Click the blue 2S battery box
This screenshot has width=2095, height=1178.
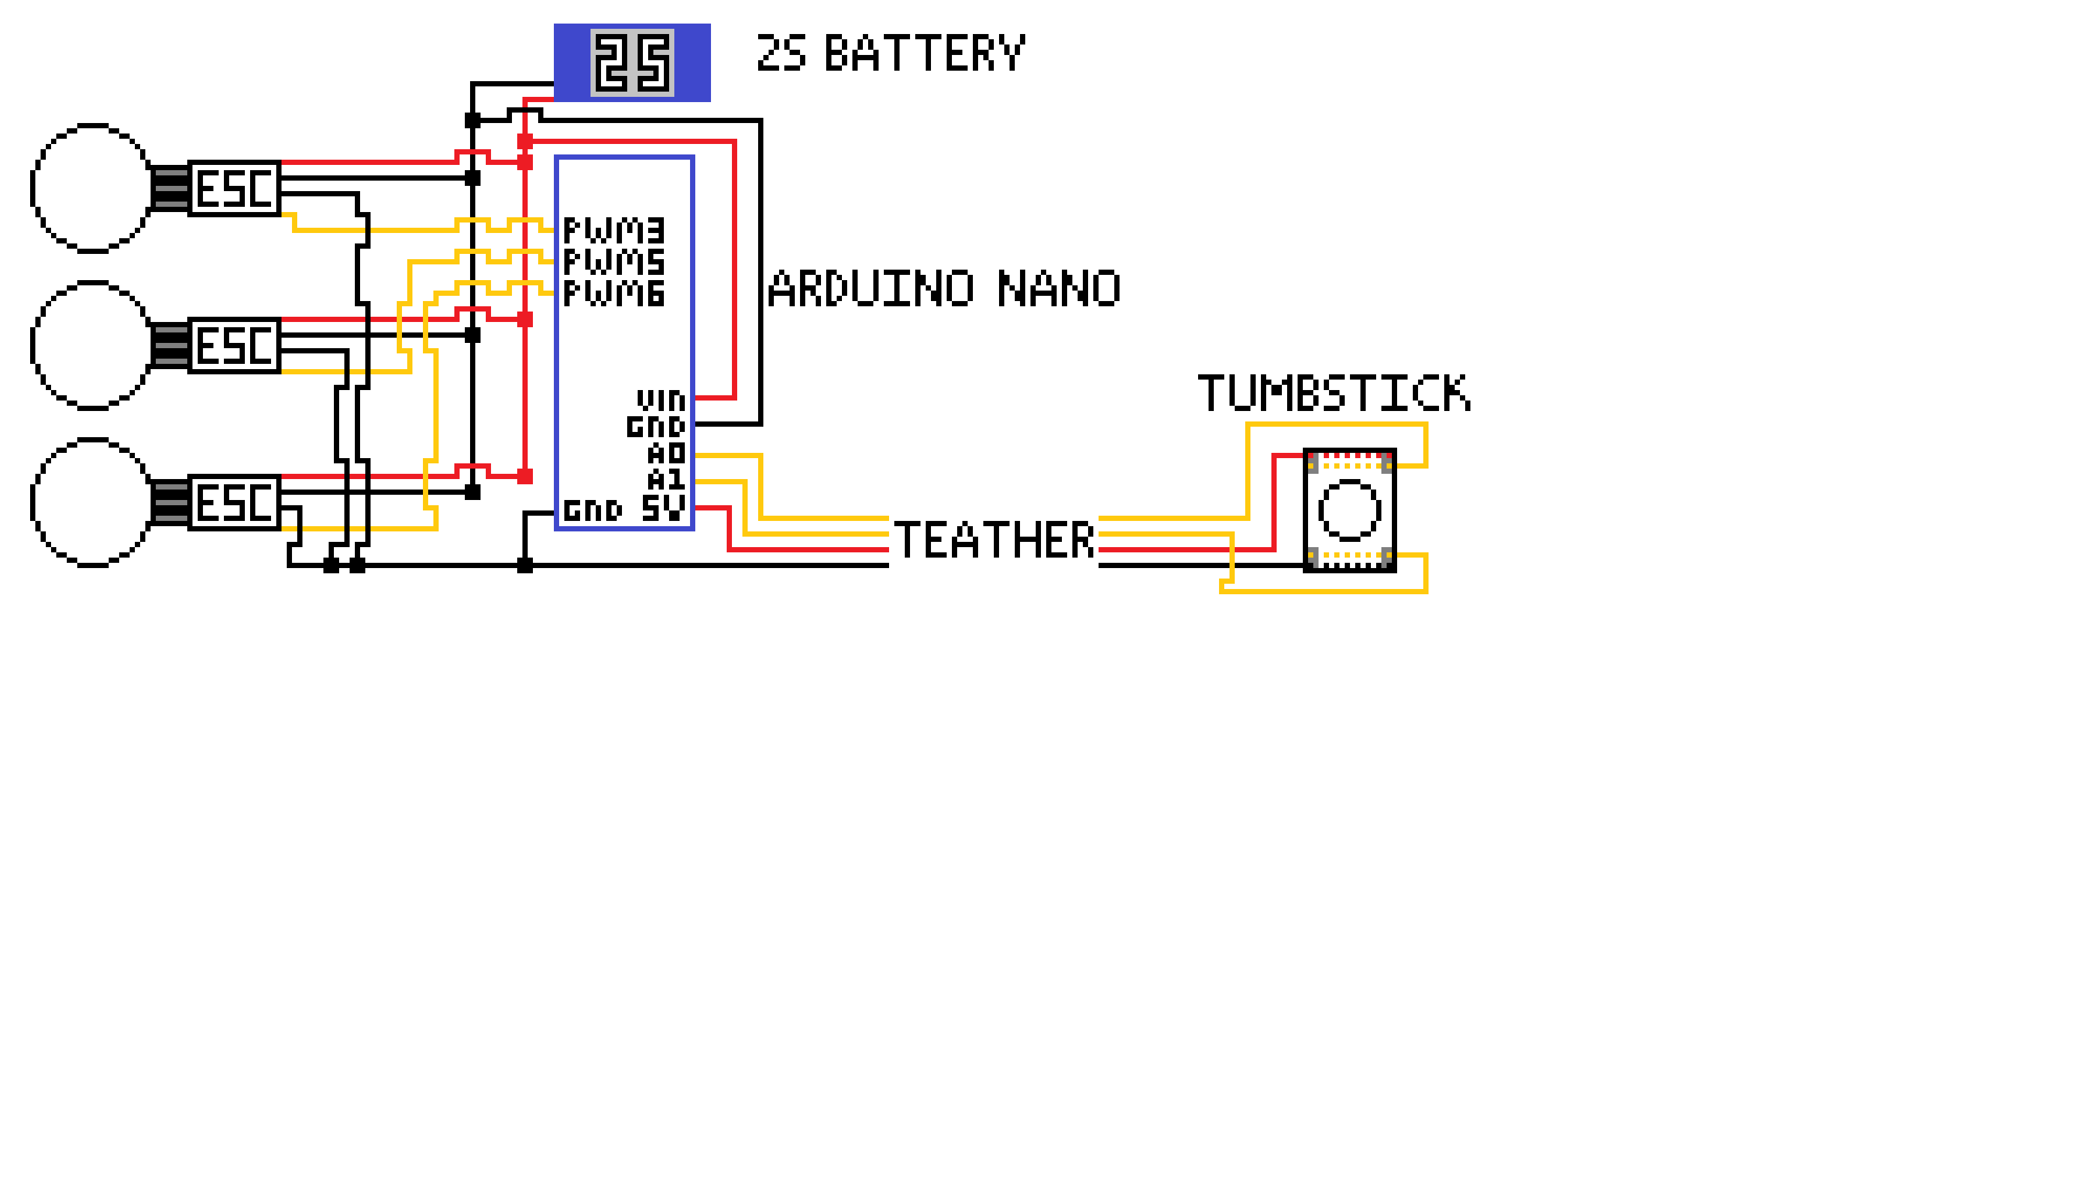pyautogui.click(x=632, y=63)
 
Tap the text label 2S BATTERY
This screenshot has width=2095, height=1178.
pyautogui.click(x=890, y=54)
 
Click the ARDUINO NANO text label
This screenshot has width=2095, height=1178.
pyautogui.click(x=943, y=289)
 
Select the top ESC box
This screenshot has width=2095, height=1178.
pyautogui.click(x=234, y=188)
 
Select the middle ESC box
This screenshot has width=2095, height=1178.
pyautogui.click(x=234, y=346)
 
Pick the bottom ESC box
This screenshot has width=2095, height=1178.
pyautogui.click(x=234, y=503)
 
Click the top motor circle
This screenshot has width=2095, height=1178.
pyautogui.click(x=92, y=188)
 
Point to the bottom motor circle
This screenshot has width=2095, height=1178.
pyautogui.click(x=92, y=503)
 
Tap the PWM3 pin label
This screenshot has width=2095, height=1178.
pyautogui.click(x=614, y=231)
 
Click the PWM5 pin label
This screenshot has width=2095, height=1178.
pyautogui.click(x=614, y=262)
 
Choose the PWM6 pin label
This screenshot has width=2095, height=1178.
pyautogui.click(x=614, y=293)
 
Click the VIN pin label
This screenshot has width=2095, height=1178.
pyautogui.click(x=661, y=401)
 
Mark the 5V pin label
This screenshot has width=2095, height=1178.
pyautogui.click(x=663, y=507)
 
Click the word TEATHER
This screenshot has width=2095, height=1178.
pyautogui.click(x=994, y=541)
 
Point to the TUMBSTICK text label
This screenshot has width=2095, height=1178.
pyautogui.click(x=1334, y=393)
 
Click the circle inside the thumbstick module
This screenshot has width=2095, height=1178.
pyautogui.click(x=1349, y=510)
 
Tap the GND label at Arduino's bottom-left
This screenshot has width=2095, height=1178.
pyautogui.click(x=593, y=510)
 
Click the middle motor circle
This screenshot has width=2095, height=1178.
pyautogui.click(x=92, y=346)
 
